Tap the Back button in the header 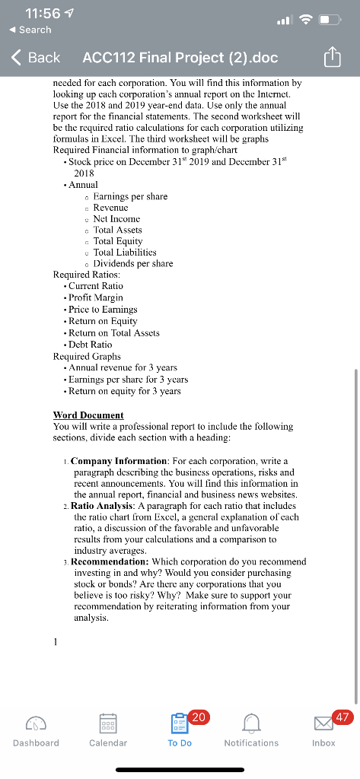point(37,58)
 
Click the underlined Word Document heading point(88,415)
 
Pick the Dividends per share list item point(132,263)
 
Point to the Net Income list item point(117,218)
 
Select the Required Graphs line point(87,356)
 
